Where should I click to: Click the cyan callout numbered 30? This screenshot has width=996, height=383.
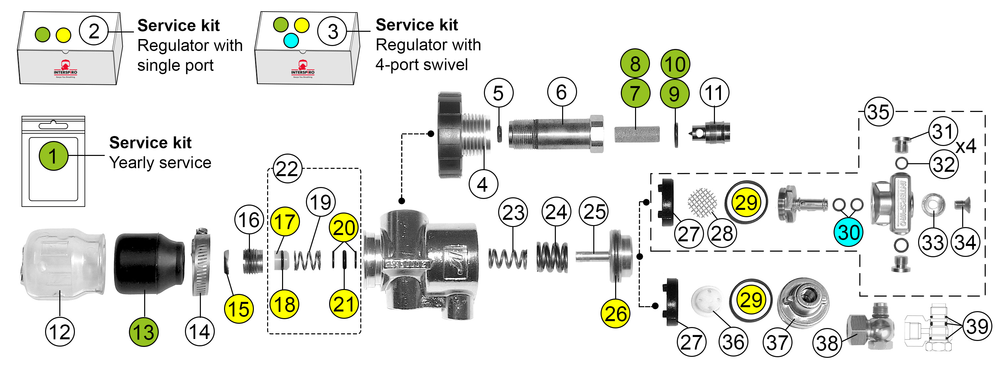(848, 232)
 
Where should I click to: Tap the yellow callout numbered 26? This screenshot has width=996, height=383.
(615, 313)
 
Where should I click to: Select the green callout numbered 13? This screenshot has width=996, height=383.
(144, 332)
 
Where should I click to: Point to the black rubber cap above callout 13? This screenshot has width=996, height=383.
(149, 263)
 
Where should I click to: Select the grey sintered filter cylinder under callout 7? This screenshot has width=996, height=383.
(637, 134)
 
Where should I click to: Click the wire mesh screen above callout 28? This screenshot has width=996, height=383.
(702, 202)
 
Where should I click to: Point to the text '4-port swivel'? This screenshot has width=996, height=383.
(422, 65)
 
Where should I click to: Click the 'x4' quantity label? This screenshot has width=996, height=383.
(966, 146)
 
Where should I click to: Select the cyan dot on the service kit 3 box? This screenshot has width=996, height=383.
(291, 40)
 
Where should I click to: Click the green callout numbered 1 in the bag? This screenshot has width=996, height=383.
(53, 156)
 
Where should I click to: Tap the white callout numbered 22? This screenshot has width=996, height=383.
(287, 169)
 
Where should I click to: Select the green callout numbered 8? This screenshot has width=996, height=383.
(635, 64)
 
